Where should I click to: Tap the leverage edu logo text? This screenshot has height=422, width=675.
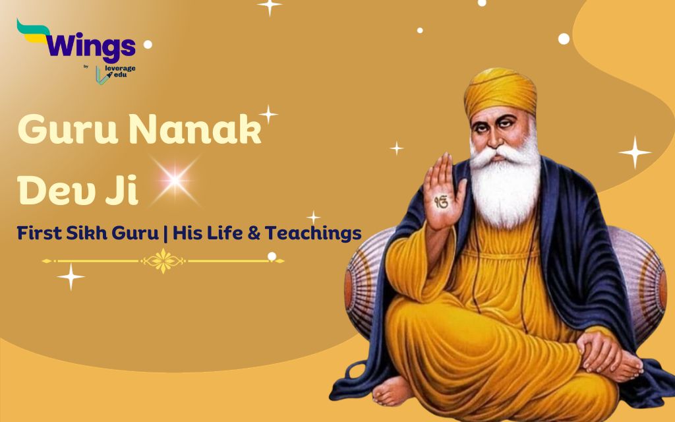120,71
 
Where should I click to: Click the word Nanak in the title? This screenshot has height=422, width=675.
195,129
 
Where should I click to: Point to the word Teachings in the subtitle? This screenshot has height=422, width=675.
313,233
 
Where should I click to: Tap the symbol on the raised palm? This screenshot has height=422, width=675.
441,202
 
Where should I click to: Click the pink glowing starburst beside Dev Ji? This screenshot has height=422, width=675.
175,181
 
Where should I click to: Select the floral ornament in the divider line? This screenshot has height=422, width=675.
163,260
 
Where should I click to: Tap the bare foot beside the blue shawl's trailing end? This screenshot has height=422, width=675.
392,390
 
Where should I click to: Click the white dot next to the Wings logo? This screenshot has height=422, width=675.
148,44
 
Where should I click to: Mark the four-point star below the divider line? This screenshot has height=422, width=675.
71,276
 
